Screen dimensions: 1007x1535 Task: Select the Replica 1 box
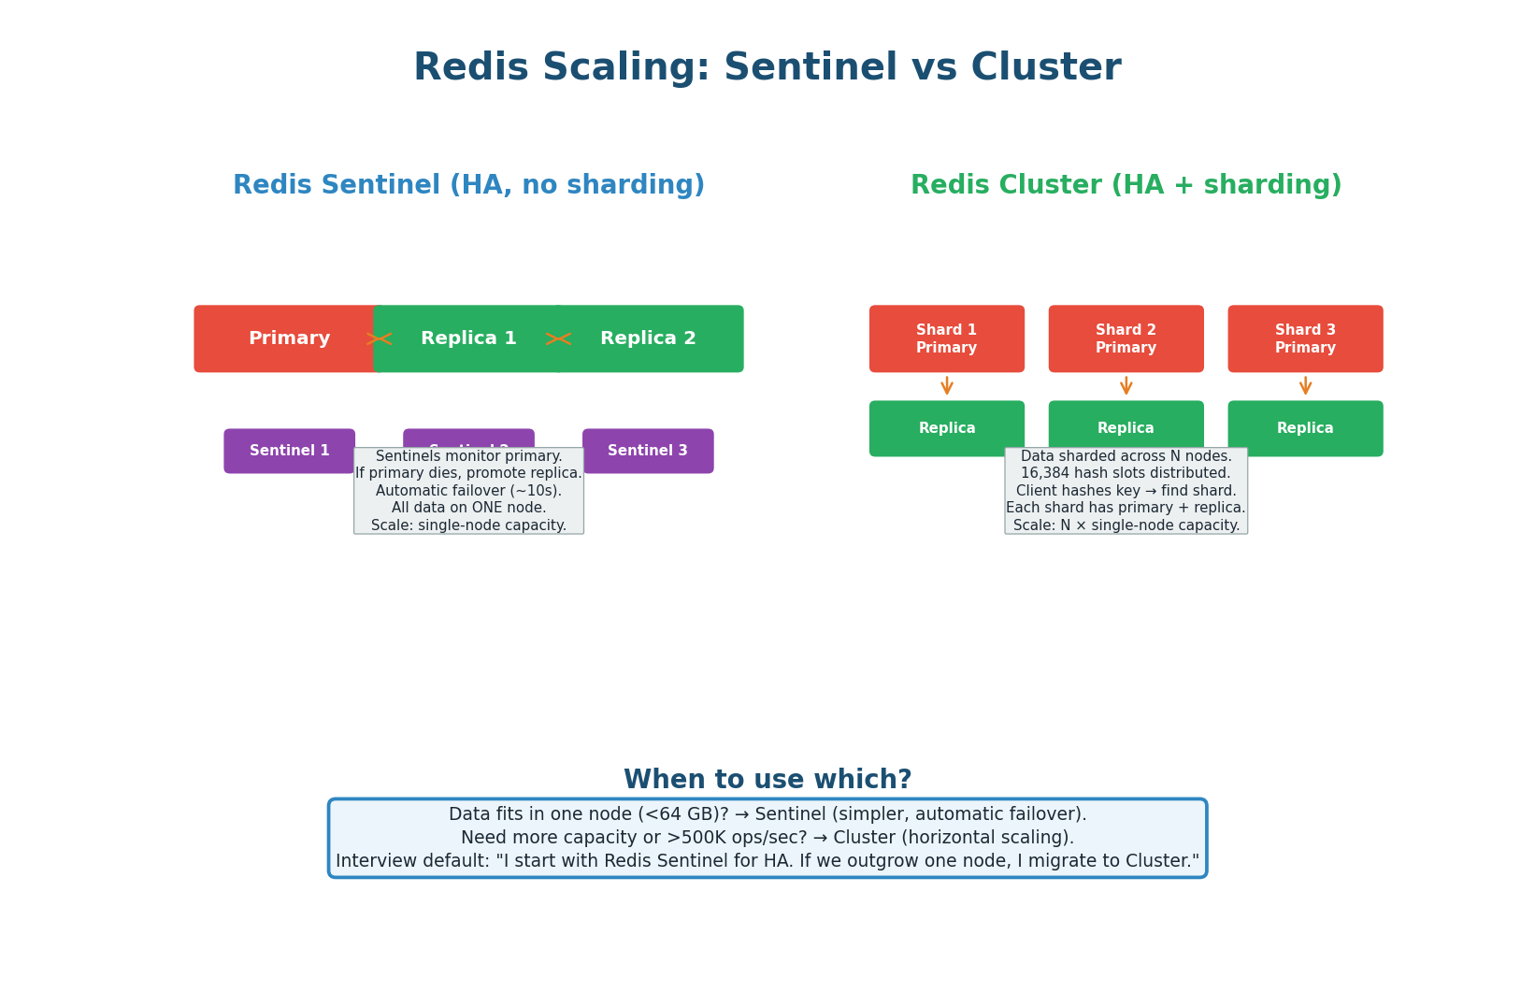point(468,338)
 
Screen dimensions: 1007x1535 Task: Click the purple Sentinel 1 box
point(289,451)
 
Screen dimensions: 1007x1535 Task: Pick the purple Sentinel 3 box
point(648,451)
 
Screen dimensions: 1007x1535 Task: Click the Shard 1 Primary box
point(946,338)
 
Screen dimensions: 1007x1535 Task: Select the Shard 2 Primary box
point(1126,338)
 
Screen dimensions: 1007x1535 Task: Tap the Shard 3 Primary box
point(1305,338)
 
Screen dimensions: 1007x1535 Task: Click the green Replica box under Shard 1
point(946,428)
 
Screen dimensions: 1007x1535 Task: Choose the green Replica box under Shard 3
point(1305,428)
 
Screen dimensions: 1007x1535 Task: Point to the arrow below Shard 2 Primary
point(1126,385)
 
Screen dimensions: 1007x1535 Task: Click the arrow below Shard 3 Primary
point(1305,385)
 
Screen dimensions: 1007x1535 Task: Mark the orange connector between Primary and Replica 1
point(379,338)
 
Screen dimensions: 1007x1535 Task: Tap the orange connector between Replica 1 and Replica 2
point(558,338)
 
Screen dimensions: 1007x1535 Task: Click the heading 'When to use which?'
point(767,780)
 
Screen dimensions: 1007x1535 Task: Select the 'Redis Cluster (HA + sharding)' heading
point(1126,185)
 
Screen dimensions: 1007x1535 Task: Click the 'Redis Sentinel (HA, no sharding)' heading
point(468,185)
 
